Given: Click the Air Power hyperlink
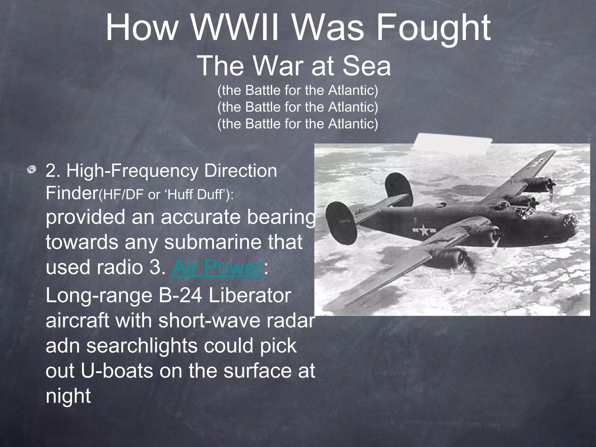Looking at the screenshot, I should pyautogui.click(x=218, y=267).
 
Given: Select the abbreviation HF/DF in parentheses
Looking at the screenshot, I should pyautogui.click(x=122, y=194).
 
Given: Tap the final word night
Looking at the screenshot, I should pyautogui.click(x=68, y=396).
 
